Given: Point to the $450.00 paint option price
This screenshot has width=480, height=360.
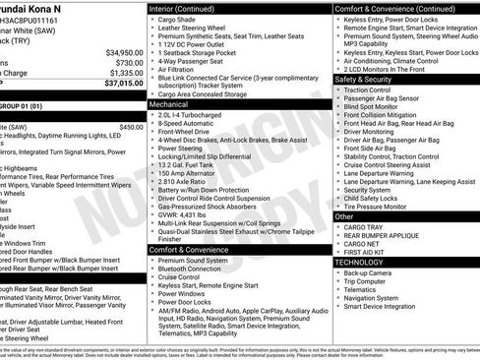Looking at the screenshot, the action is pyautogui.click(x=131, y=127).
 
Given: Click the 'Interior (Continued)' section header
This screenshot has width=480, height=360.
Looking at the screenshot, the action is pyautogui.click(x=188, y=7).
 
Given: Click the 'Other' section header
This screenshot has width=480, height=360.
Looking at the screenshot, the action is pyautogui.click(x=345, y=215).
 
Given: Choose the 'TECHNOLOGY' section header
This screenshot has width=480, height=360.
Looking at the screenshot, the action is pyautogui.click(x=360, y=262).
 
